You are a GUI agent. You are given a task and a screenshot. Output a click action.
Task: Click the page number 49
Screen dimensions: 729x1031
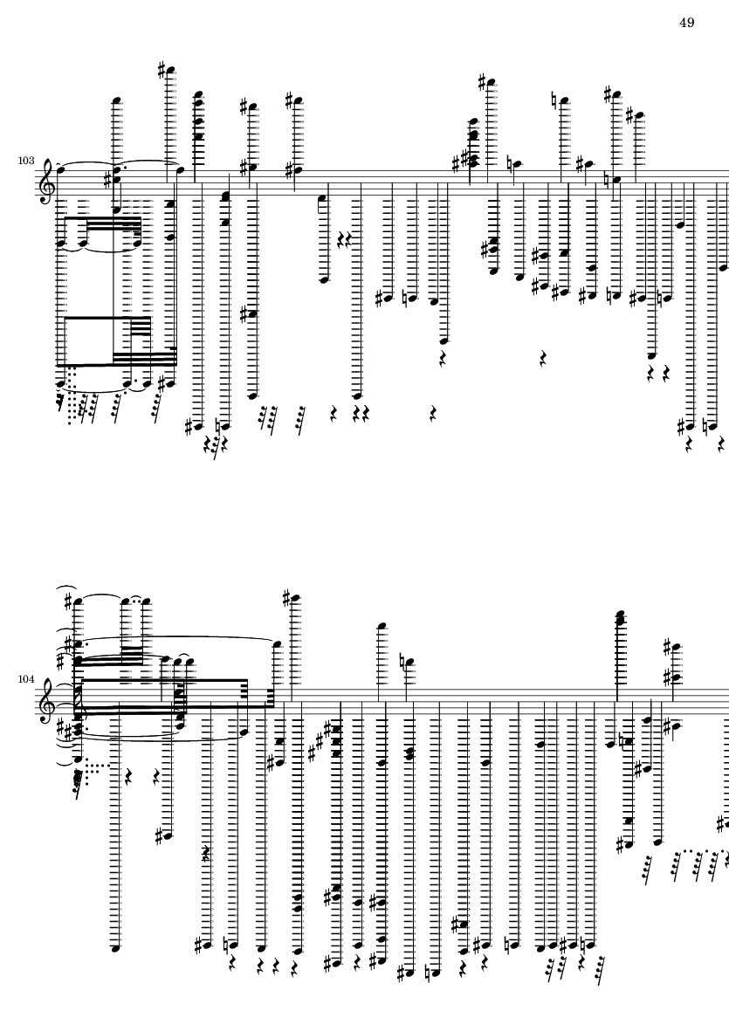click(686, 23)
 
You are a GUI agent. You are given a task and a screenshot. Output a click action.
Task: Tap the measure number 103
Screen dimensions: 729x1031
click(25, 161)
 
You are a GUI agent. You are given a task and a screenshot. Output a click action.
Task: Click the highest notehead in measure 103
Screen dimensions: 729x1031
click(172, 70)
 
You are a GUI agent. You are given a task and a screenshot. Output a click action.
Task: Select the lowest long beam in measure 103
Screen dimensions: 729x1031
click(117, 364)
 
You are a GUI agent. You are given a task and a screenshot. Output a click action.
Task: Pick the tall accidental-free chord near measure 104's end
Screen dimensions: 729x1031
click(620, 618)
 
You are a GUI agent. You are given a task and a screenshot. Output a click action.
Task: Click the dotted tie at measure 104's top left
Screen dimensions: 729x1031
click(137, 599)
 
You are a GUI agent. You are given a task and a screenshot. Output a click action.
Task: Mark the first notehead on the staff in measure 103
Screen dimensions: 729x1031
click(60, 169)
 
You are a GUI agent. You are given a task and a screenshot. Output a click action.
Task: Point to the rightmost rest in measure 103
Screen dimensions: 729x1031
click(722, 445)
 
